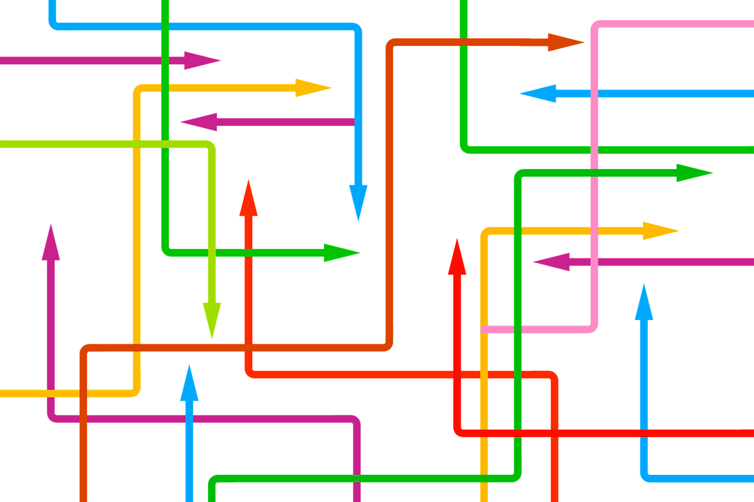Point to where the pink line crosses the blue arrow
[594, 93]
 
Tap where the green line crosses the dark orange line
[464, 42]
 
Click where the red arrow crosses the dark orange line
[249, 348]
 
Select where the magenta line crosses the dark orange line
[83, 418]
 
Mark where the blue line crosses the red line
[644, 433]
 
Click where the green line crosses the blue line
[165, 26]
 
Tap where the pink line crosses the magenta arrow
[594, 262]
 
